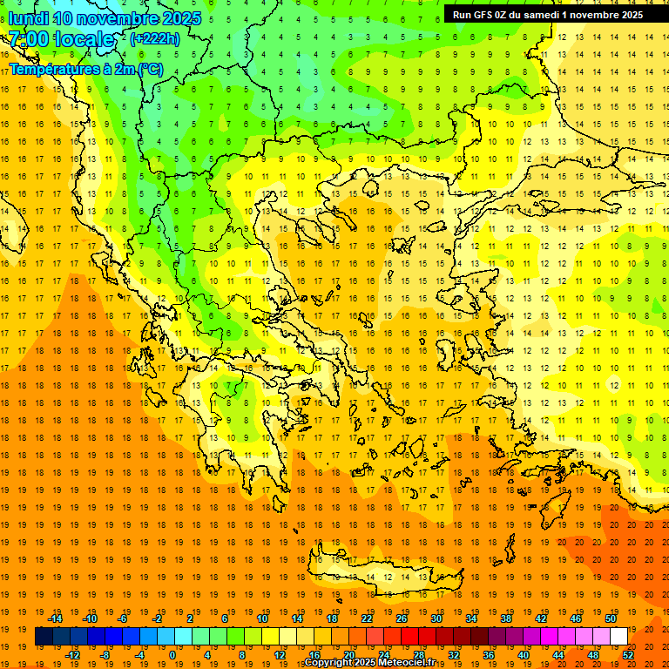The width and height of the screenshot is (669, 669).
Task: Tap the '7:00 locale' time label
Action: (x=61, y=39)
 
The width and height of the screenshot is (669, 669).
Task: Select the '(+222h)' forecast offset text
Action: (x=155, y=38)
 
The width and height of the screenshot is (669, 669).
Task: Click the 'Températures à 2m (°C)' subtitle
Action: (x=85, y=68)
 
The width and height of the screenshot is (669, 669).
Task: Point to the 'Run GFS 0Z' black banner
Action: (x=548, y=15)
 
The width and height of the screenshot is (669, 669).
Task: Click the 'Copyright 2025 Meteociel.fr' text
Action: (x=369, y=663)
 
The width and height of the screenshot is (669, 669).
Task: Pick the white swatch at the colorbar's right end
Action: (x=618, y=637)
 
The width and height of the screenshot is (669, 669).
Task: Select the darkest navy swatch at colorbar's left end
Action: (x=44, y=637)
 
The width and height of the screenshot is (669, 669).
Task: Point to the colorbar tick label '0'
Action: (x=172, y=655)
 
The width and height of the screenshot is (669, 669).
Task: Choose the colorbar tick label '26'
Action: (x=402, y=618)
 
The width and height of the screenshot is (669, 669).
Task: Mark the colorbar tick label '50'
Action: (x=610, y=618)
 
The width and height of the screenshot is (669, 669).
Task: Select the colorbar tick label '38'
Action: (x=505, y=618)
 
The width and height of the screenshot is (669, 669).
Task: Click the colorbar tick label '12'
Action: (x=280, y=655)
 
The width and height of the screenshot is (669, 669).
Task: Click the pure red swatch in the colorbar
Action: (x=409, y=637)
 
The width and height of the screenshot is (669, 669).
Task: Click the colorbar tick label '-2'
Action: (x=157, y=618)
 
